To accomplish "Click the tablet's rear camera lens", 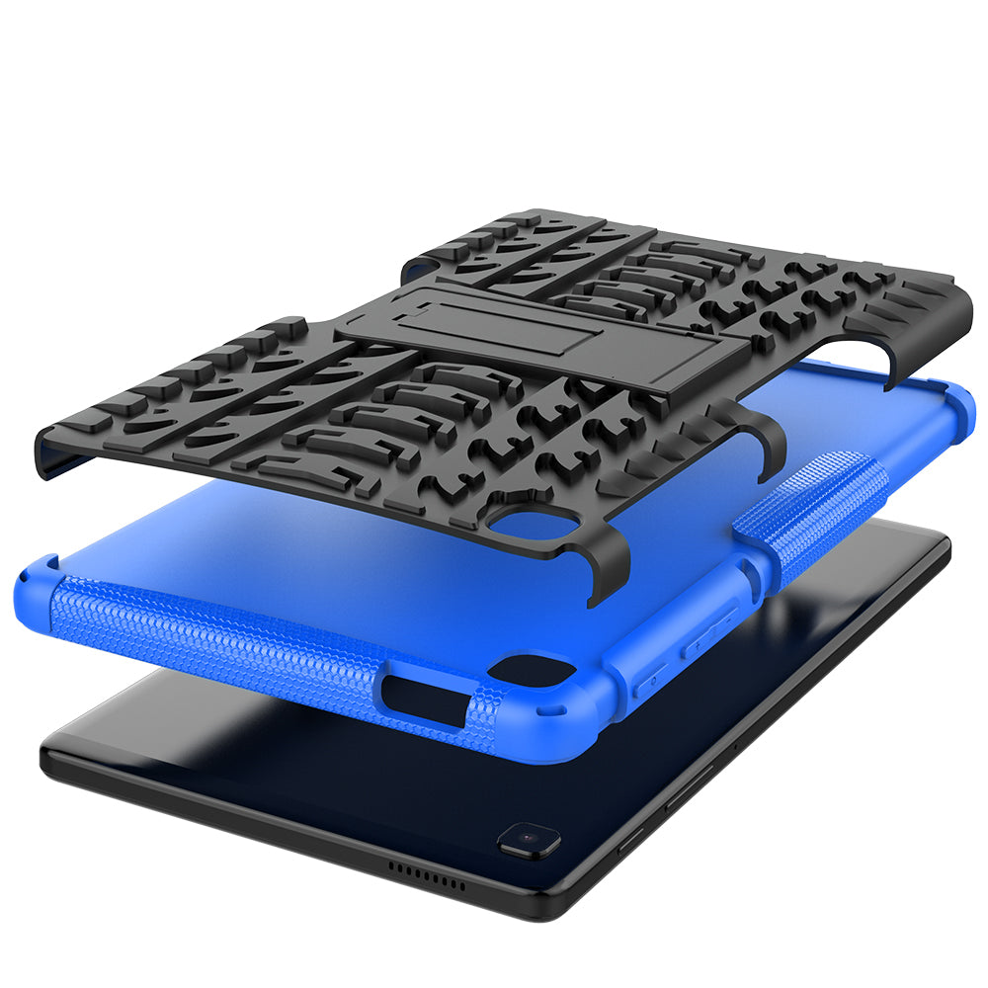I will pyautogui.click(x=529, y=840).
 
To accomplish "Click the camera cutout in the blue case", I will pyautogui.click(x=529, y=671).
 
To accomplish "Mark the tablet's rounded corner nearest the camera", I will pyautogui.click(x=553, y=899).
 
